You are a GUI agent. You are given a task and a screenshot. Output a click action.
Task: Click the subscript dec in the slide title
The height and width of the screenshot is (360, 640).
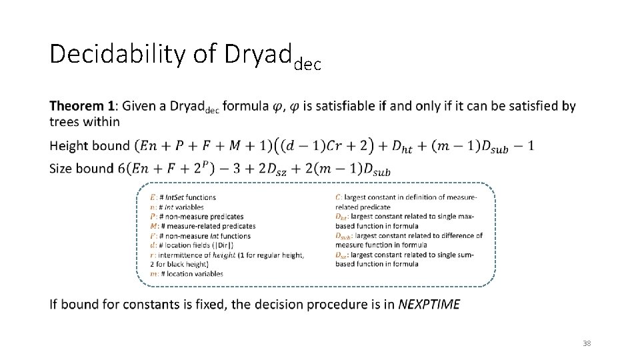pos(307,64)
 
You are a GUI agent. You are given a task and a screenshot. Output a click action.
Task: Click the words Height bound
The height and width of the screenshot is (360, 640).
pos(89,146)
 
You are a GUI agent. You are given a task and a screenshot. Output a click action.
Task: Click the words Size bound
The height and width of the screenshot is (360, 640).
pos(81,168)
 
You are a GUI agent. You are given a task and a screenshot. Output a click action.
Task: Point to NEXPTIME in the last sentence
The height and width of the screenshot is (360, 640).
pos(429,305)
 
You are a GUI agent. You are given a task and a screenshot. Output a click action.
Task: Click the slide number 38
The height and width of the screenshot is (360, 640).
pos(587,343)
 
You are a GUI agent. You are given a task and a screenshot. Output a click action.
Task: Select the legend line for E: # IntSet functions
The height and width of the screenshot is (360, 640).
pos(183,197)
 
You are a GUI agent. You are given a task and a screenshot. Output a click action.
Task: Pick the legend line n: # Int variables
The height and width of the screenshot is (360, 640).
pos(177,207)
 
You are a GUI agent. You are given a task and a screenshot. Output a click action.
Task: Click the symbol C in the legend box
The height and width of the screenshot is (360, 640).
pos(339,197)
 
